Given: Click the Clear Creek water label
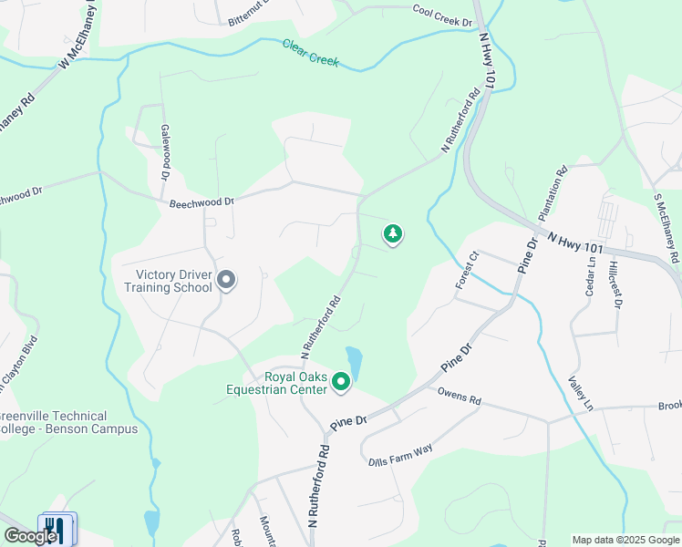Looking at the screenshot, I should click(x=310, y=53).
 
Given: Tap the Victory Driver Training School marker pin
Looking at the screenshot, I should click(x=227, y=281).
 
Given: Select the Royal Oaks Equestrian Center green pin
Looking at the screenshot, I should click(x=342, y=382).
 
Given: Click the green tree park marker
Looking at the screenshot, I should click(x=393, y=235).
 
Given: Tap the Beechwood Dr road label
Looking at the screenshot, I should click(x=201, y=201).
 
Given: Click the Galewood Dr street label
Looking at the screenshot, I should click(x=166, y=150).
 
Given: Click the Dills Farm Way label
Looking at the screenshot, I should click(x=400, y=455).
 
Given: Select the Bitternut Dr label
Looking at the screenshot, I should click(x=252, y=15).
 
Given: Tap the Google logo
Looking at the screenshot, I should click(x=29, y=536).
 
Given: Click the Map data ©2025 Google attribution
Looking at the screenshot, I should click(x=625, y=540).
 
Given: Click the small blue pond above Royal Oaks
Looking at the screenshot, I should click(x=355, y=362).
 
